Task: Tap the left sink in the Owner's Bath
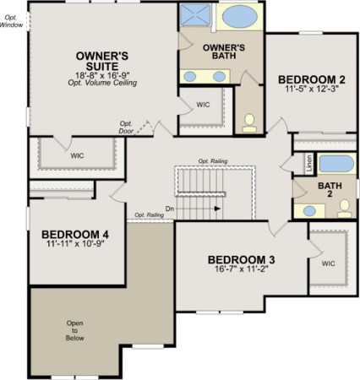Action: click(x=191, y=77)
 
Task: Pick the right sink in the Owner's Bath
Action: click(x=219, y=77)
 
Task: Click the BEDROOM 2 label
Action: click(x=311, y=80)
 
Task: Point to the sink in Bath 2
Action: click(x=309, y=209)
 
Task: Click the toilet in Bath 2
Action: click(x=343, y=209)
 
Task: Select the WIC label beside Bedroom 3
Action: click(x=328, y=263)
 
